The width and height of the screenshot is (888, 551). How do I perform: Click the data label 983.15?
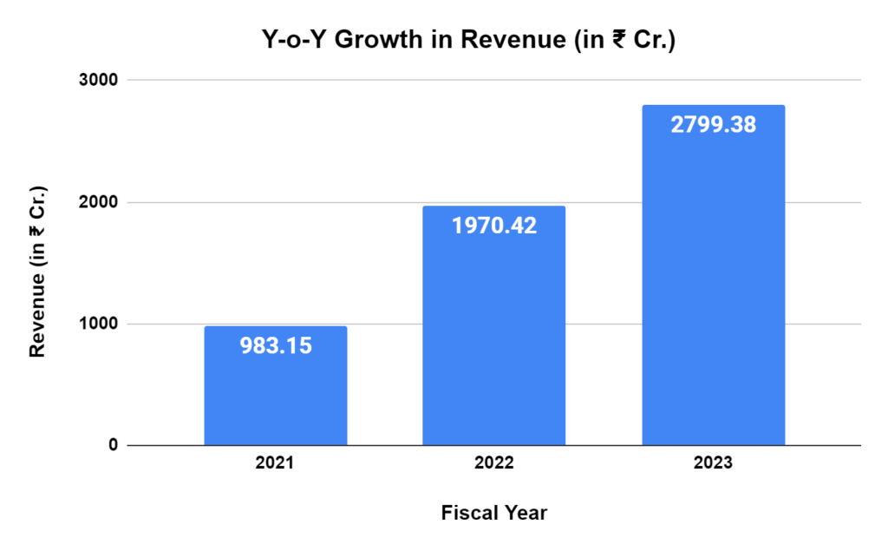point(275,345)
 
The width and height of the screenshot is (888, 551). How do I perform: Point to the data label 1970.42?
point(493,226)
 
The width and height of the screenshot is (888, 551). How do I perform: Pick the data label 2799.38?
point(713,125)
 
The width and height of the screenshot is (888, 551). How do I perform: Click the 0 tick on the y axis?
point(112,445)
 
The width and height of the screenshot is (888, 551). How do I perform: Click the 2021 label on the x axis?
point(275,463)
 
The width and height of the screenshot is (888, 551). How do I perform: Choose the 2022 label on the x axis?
point(493,463)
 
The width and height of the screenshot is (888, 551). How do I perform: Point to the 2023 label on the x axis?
point(713,463)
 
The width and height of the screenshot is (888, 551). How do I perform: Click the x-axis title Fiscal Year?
point(493,513)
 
